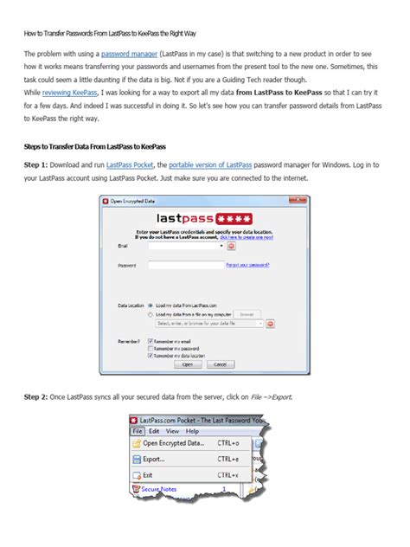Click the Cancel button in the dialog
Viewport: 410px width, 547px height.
coord(216,365)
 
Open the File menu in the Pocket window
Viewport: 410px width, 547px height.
coord(137,430)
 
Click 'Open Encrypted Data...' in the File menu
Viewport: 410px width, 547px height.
coord(173,442)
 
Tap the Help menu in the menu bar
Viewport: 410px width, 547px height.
coord(191,430)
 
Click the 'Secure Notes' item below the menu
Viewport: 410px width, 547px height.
coord(159,489)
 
